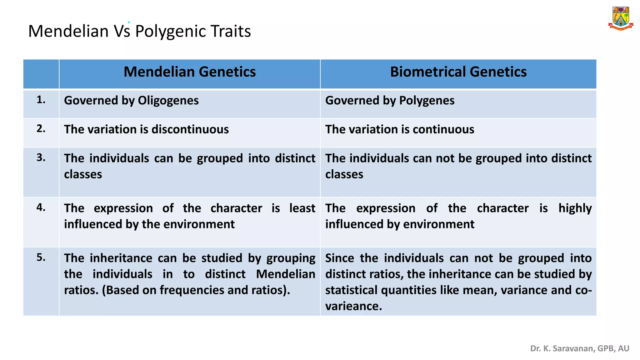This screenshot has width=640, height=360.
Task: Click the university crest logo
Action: coord(621,19)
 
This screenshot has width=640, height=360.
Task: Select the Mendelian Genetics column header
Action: coord(190,72)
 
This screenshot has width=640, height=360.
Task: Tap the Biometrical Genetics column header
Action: coord(458,72)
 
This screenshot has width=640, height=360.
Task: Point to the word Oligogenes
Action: coord(168,101)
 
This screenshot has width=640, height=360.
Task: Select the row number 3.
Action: coord(41,157)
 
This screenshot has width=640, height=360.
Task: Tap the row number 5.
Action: coord(41,257)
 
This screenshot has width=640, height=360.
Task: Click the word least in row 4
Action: coord(302,208)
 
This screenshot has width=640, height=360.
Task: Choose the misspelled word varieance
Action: coord(353,306)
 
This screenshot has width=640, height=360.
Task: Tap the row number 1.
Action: coord(41,100)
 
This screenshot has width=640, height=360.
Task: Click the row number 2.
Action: coord(41,129)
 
